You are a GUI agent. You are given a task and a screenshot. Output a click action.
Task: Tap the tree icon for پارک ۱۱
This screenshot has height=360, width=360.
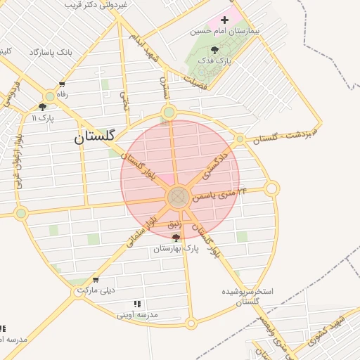(x=42, y=108)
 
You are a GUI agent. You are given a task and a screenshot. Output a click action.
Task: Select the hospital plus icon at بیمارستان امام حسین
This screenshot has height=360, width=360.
(x=224, y=20)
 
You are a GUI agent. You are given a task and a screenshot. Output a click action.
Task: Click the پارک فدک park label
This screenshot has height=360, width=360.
(x=215, y=61)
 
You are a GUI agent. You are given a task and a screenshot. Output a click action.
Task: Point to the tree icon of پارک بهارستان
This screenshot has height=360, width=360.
(x=176, y=238)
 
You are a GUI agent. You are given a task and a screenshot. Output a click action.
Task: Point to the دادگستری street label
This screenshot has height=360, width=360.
(x=214, y=162)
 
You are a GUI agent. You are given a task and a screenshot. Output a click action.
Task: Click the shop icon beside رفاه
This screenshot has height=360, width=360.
(x=62, y=85)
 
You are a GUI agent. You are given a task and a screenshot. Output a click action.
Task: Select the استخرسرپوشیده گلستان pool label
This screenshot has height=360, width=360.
(x=247, y=296)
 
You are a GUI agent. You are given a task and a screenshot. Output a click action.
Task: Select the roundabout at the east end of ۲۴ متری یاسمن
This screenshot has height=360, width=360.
(x=272, y=188)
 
